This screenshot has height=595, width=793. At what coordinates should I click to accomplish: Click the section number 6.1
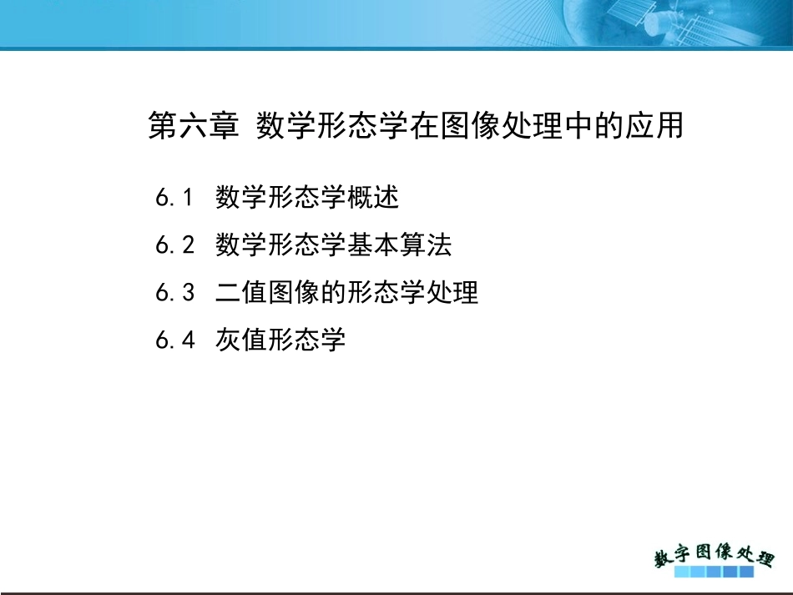point(174,198)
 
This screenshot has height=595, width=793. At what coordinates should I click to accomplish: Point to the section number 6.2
point(174,245)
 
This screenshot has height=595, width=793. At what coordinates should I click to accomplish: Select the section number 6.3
point(174,293)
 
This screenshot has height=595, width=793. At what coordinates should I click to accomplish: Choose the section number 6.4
point(174,340)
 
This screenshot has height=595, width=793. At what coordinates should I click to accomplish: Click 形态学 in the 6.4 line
point(306,340)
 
